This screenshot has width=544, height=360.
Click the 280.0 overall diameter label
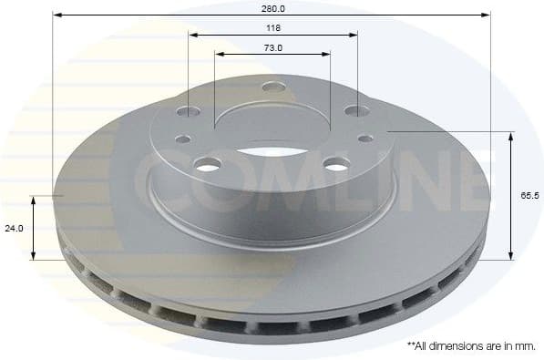click(x=272, y=7)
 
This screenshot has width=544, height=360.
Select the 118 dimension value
click(x=272, y=28)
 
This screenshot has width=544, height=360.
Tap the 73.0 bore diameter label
click(x=272, y=47)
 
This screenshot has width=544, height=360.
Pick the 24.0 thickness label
click(x=14, y=229)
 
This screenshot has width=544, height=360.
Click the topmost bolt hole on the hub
click(x=271, y=87)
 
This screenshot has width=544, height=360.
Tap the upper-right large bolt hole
click(x=354, y=112)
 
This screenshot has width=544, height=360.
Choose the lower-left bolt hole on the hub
click(x=208, y=164)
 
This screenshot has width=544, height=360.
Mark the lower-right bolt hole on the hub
click(x=335, y=164)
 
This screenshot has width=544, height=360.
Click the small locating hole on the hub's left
click(x=183, y=139)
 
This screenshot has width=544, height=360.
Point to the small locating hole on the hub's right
click(x=364, y=138)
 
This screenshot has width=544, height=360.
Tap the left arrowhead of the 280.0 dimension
click(x=56, y=15)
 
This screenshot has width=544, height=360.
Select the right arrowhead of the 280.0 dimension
click(x=487, y=15)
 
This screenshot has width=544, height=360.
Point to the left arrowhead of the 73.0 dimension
click(x=219, y=54)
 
